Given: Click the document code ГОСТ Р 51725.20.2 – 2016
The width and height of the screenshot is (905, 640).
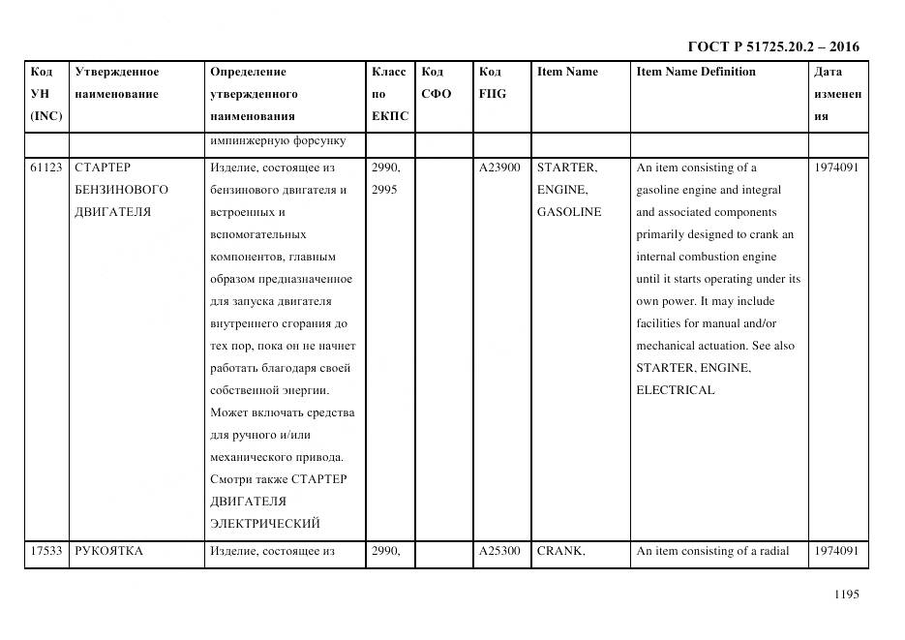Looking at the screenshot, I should pyautogui.click(x=772, y=46).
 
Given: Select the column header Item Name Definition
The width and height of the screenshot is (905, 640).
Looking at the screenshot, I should pyautogui.click(x=696, y=72).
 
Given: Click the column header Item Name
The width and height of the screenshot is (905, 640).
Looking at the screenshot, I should pyautogui.click(x=567, y=72).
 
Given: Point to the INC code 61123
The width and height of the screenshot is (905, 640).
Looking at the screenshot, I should pyautogui.click(x=46, y=168).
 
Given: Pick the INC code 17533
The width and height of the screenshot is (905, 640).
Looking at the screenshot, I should pyautogui.click(x=46, y=551).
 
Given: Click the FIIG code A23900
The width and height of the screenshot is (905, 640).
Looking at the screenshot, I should pyautogui.click(x=499, y=168).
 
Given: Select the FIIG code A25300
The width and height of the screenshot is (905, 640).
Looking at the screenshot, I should pyautogui.click(x=499, y=551).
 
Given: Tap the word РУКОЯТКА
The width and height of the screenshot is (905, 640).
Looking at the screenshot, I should pyautogui.click(x=108, y=551).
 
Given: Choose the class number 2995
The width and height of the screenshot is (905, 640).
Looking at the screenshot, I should pyautogui.click(x=385, y=190).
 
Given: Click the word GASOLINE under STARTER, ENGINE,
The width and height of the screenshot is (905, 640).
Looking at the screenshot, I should pyautogui.click(x=569, y=212).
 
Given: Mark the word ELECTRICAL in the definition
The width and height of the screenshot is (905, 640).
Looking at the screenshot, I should pyautogui.click(x=675, y=390).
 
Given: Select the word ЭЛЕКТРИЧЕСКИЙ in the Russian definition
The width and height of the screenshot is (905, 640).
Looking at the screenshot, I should pyautogui.click(x=264, y=524).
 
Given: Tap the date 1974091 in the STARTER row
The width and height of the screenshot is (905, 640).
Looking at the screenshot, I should pyautogui.click(x=836, y=168).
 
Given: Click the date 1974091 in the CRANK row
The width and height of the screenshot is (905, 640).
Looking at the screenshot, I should pyautogui.click(x=836, y=551).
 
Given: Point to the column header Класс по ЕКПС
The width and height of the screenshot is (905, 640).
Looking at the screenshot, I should pyautogui.click(x=390, y=94).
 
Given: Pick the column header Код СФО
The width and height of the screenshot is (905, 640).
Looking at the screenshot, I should pyautogui.click(x=436, y=82).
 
